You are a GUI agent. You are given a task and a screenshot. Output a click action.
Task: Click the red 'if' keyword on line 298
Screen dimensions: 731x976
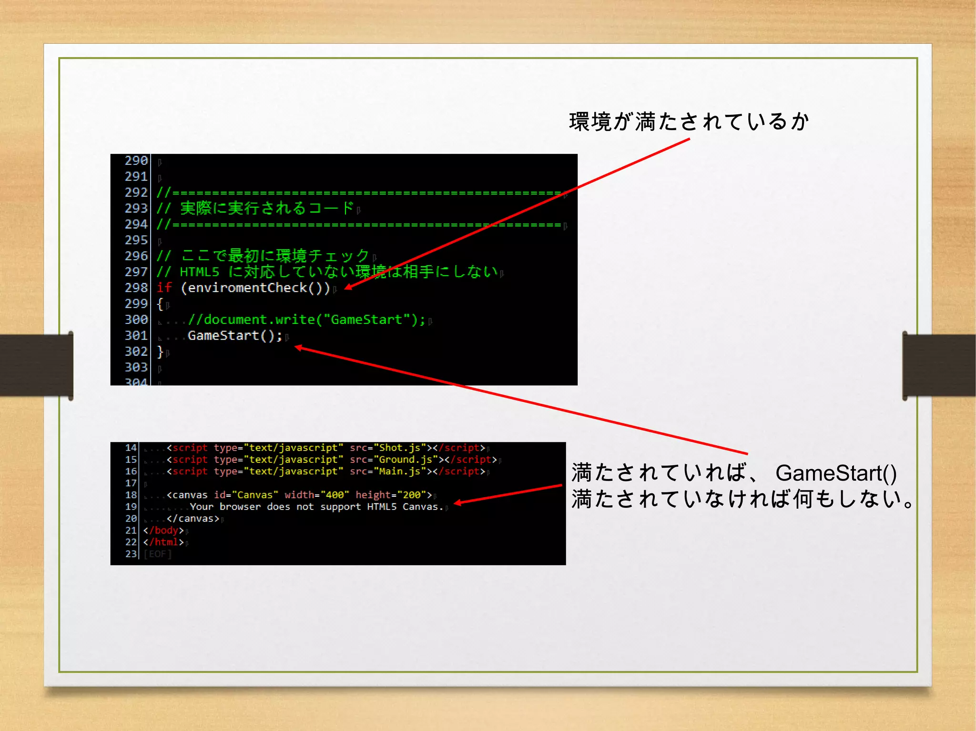click(164, 287)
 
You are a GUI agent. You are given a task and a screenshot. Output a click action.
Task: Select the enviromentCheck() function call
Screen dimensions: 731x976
click(255, 288)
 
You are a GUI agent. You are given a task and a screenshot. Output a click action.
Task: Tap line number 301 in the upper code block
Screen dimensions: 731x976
click(136, 336)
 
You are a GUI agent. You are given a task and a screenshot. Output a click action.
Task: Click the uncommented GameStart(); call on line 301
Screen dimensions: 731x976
click(234, 336)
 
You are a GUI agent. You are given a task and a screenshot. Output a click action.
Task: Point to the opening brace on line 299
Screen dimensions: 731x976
click(160, 304)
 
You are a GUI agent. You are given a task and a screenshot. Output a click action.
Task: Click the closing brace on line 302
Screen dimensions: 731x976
click(160, 352)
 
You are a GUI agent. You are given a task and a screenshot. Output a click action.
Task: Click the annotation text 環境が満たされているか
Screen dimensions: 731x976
click(689, 122)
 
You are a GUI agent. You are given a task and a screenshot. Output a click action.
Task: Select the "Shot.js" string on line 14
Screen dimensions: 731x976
click(399, 448)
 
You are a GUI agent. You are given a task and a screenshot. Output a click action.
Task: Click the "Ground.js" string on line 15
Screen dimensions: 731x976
click(405, 460)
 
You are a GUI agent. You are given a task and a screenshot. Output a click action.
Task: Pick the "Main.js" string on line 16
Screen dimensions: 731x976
click(399, 471)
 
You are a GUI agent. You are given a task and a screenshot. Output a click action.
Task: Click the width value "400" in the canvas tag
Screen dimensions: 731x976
click(335, 495)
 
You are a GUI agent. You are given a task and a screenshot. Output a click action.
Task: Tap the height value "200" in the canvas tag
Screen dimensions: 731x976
click(411, 495)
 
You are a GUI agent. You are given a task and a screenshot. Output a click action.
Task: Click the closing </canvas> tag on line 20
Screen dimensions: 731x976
click(193, 519)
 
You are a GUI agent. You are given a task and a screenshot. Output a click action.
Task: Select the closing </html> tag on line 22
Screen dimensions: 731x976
click(163, 542)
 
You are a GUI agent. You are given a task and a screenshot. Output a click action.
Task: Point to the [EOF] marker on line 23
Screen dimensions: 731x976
click(157, 554)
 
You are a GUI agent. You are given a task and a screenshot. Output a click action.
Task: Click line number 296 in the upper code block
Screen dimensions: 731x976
click(136, 256)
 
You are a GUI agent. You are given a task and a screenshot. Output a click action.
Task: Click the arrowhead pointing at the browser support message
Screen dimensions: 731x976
click(457, 502)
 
